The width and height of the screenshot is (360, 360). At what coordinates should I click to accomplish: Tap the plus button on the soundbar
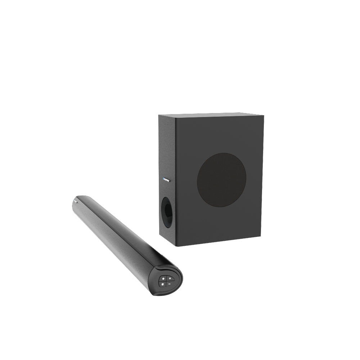pos(170,279)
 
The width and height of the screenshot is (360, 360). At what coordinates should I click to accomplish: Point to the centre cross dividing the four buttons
pos(166,281)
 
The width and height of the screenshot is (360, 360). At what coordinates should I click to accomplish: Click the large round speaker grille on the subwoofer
pos(222,180)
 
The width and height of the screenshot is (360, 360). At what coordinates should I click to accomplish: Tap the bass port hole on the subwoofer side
pos(167,212)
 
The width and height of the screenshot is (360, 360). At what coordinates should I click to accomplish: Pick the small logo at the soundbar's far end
pos(76,202)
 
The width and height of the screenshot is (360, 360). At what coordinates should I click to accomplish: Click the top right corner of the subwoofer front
pos(264,116)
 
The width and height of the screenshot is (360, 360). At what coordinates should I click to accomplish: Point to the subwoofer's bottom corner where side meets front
pos(175,246)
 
